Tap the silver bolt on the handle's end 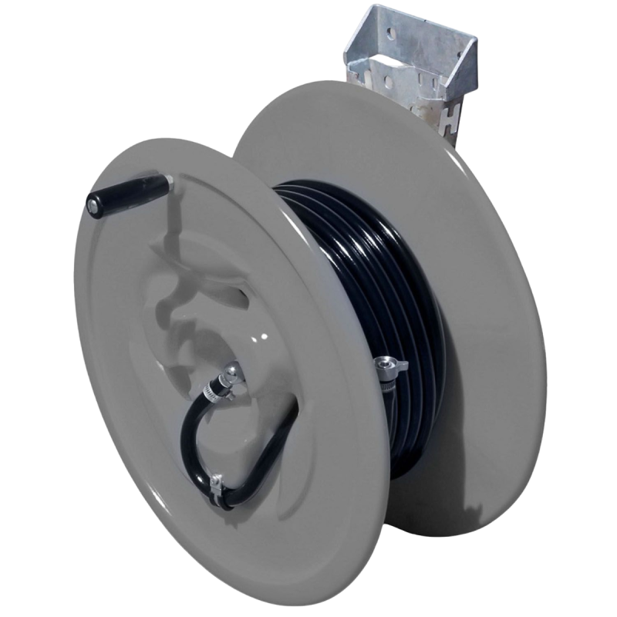(x=93, y=205)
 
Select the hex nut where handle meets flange (x=167, y=184)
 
